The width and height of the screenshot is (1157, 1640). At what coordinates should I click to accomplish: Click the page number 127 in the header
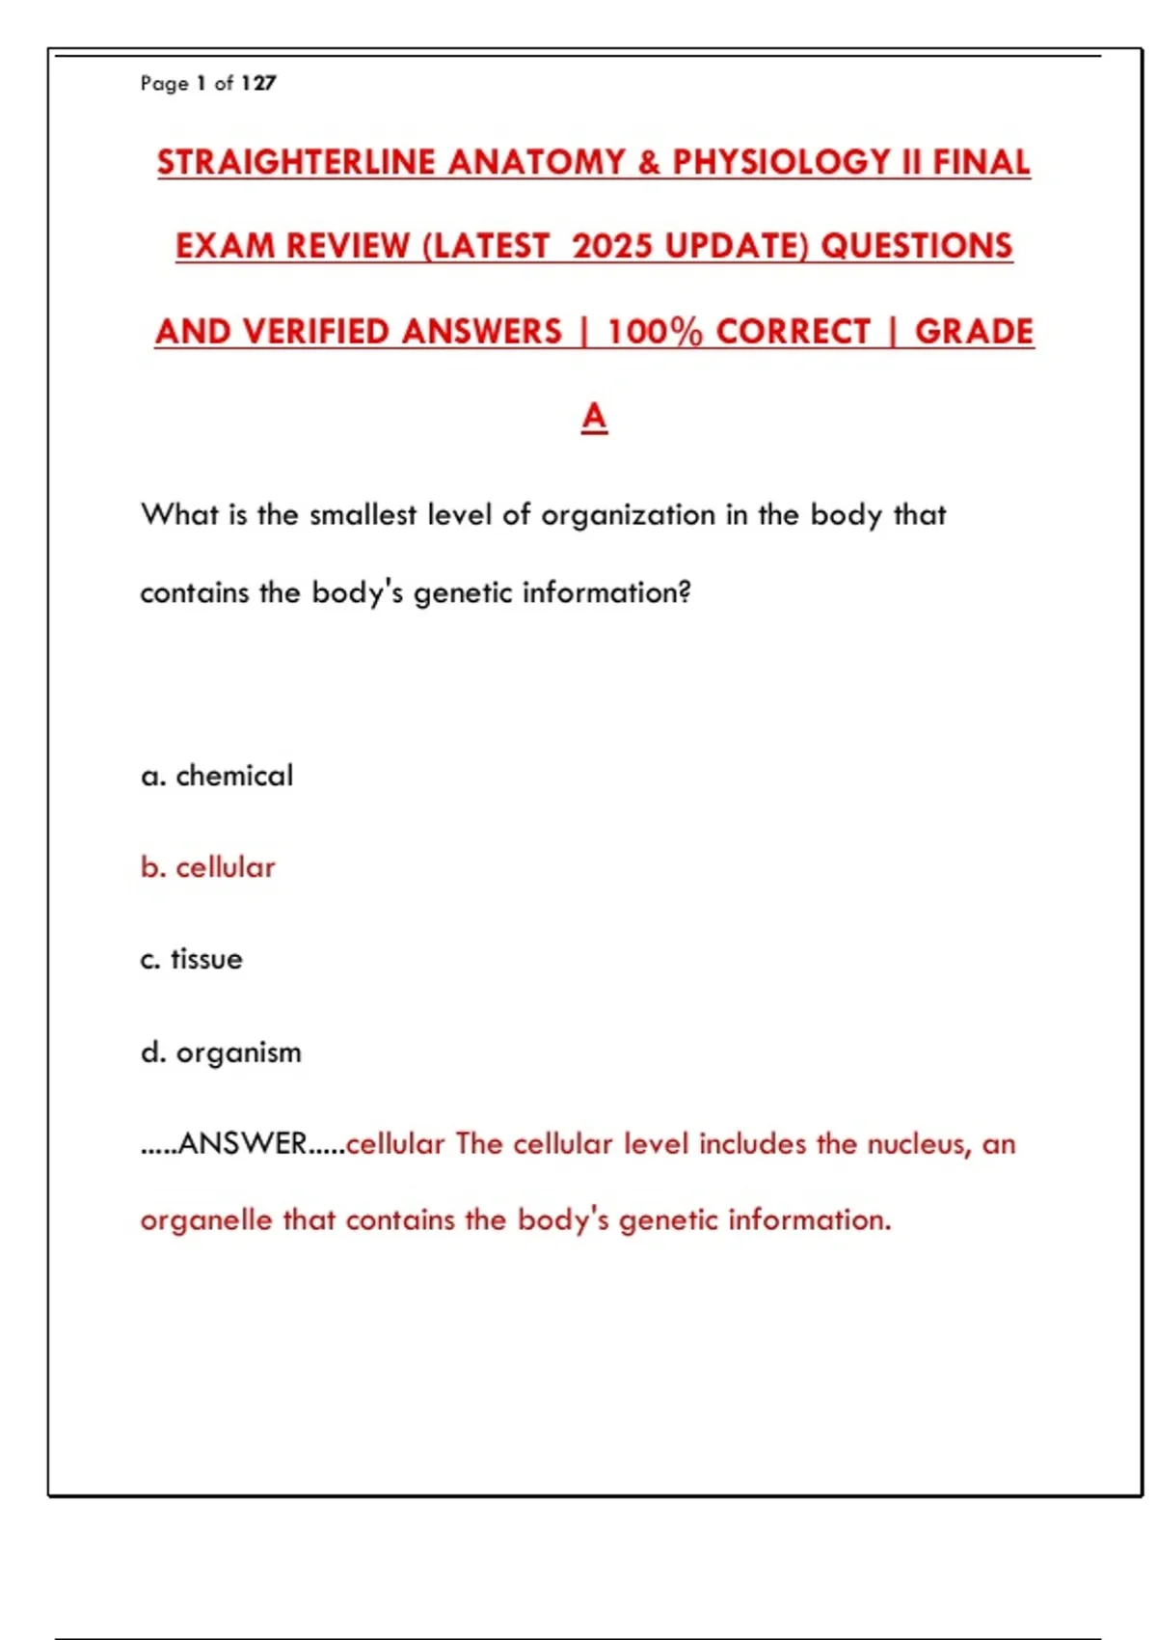pos(258,84)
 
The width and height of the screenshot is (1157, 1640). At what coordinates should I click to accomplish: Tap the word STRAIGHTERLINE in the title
pos(295,162)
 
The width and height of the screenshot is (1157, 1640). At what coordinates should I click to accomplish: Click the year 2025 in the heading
pos(613,246)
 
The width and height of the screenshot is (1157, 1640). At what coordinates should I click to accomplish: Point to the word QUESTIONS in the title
pos(916,246)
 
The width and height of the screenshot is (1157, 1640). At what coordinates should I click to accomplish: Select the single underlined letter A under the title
pos(594,417)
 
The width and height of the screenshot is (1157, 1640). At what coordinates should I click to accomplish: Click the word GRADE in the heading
pos(974,332)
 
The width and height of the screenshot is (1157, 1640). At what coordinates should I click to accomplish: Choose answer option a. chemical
pos(217,776)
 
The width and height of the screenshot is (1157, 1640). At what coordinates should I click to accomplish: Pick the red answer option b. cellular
pos(208,867)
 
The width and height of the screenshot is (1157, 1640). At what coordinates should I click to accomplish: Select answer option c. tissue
pos(192,959)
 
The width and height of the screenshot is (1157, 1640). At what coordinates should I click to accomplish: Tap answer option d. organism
pos(221,1052)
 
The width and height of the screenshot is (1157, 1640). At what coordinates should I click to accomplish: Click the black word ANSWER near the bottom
pos(242,1143)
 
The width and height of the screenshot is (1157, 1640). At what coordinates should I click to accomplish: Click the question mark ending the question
pos(685,592)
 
